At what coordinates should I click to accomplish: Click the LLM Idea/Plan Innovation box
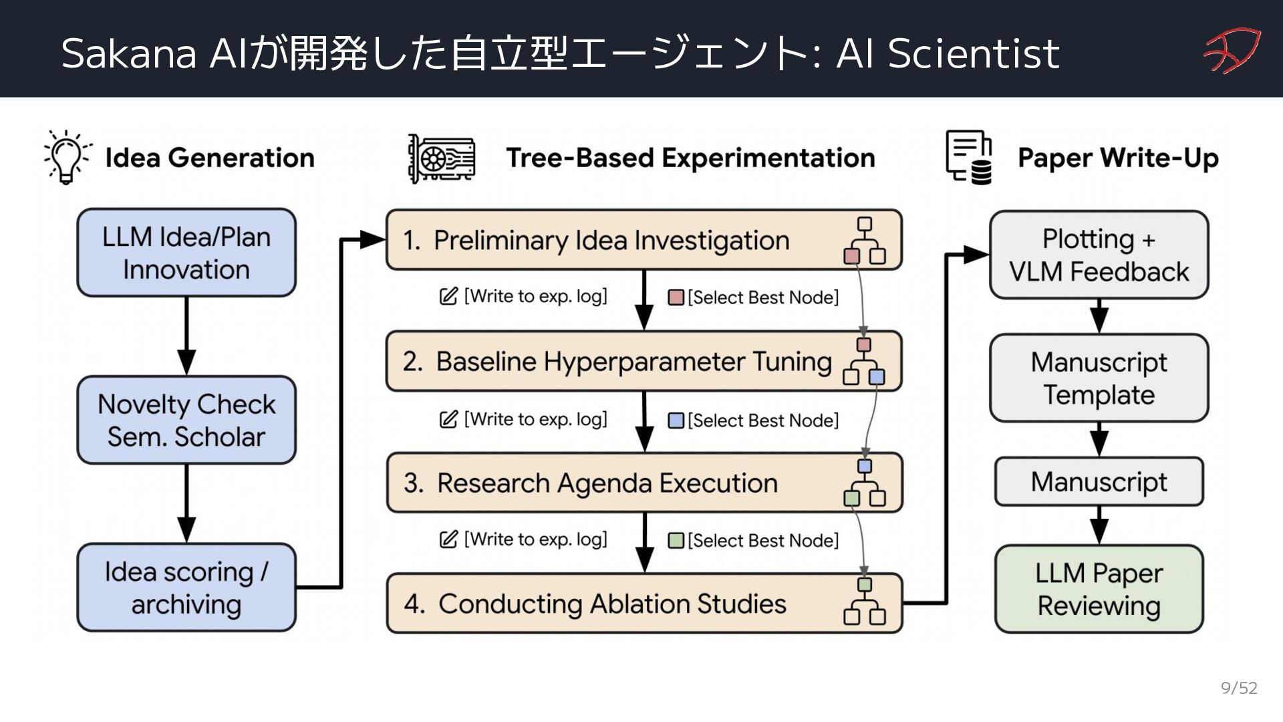(x=186, y=253)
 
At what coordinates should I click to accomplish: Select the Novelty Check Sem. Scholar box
(x=186, y=420)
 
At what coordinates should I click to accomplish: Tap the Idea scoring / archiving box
(x=186, y=588)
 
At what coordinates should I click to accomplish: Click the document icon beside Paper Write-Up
(x=969, y=157)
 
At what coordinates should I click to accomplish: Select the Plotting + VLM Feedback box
(x=1099, y=255)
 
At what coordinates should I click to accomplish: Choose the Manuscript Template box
(x=1099, y=378)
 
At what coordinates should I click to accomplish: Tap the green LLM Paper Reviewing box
(x=1099, y=589)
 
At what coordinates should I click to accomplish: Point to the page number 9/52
(x=1239, y=688)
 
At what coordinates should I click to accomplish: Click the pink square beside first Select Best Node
(x=676, y=297)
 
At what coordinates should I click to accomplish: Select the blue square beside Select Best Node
(x=676, y=420)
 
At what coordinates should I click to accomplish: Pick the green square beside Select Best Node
(x=676, y=540)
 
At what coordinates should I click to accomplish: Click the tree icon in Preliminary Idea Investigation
(x=865, y=241)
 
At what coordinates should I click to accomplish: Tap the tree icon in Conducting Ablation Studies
(x=865, y=602)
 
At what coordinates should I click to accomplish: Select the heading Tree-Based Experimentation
(x=690, y=158)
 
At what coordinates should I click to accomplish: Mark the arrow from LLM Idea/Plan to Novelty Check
(x=186, y=336)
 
